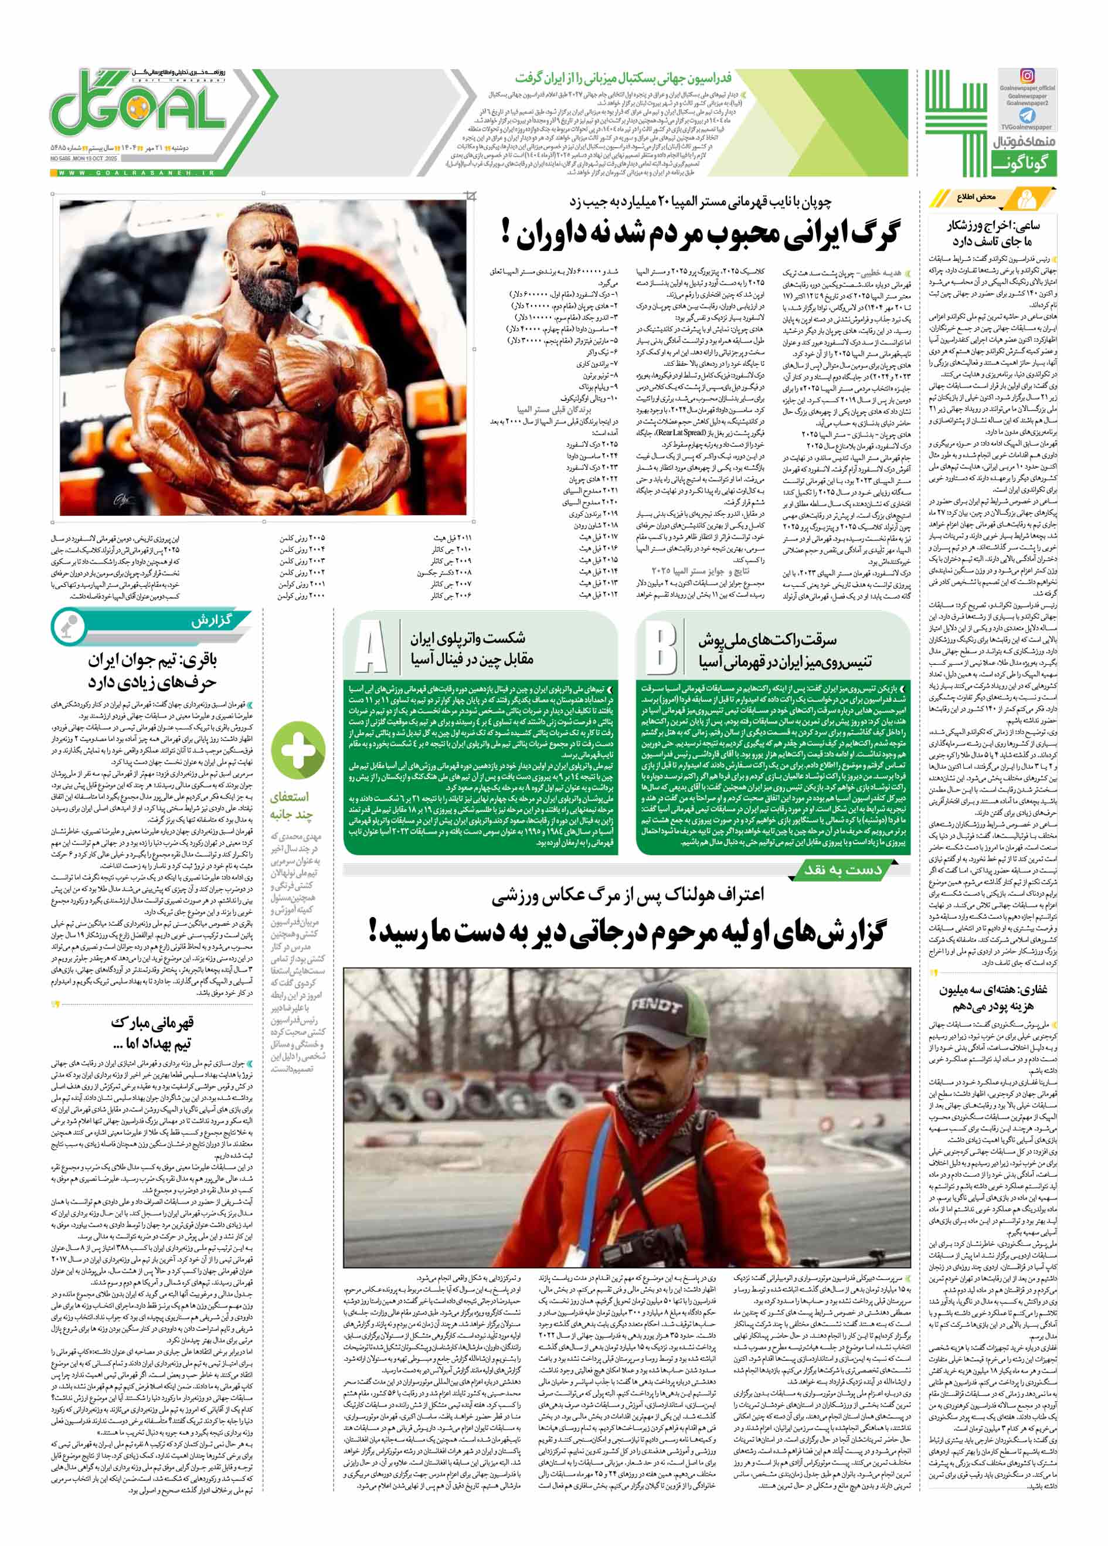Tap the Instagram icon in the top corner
coord(1027,77)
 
